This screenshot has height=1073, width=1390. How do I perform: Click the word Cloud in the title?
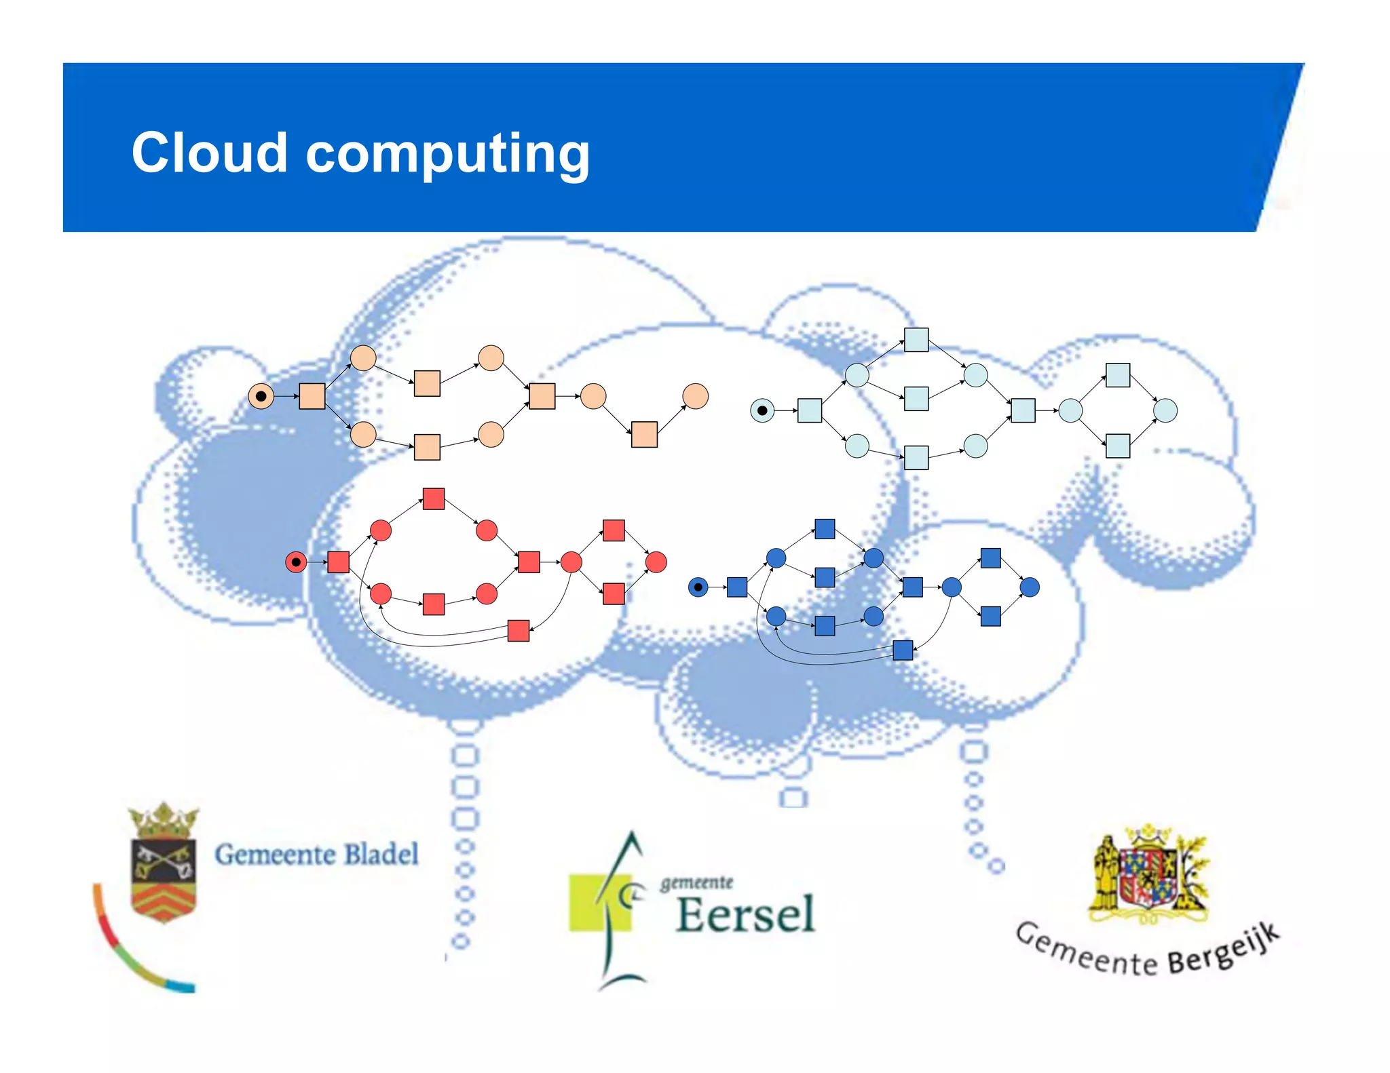[x=209, y=153]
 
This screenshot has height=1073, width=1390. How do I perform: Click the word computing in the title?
[x=448, y=155]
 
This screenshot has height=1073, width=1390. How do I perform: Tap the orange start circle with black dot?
[x=261, y=396]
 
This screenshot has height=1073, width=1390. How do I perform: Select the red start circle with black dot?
[x=296, y=562]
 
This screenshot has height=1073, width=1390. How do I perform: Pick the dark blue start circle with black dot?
[x=698, y=587]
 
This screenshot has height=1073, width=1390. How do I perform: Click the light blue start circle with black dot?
[x=762, y=410]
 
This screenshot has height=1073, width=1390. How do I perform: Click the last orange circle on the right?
[x=695, y=396]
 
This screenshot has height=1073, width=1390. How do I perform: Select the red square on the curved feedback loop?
[x=519, y=630]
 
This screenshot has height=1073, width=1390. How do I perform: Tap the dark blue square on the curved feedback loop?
[x=903, y=650]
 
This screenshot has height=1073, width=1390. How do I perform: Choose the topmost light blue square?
[x=916, y=340]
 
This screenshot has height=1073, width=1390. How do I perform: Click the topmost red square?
[x=434, y=499]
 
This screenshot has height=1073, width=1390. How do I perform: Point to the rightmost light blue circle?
[x=1165, y=410]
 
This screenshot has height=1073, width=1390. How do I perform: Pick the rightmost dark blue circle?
[x=1030, y=587]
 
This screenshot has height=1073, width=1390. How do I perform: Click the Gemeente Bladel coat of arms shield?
[x=164, y=878]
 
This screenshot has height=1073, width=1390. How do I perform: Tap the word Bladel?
[x=381, y=855]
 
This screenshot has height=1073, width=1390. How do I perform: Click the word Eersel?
[x=745, y=915]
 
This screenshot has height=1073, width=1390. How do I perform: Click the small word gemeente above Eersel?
[x=697, y=882]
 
